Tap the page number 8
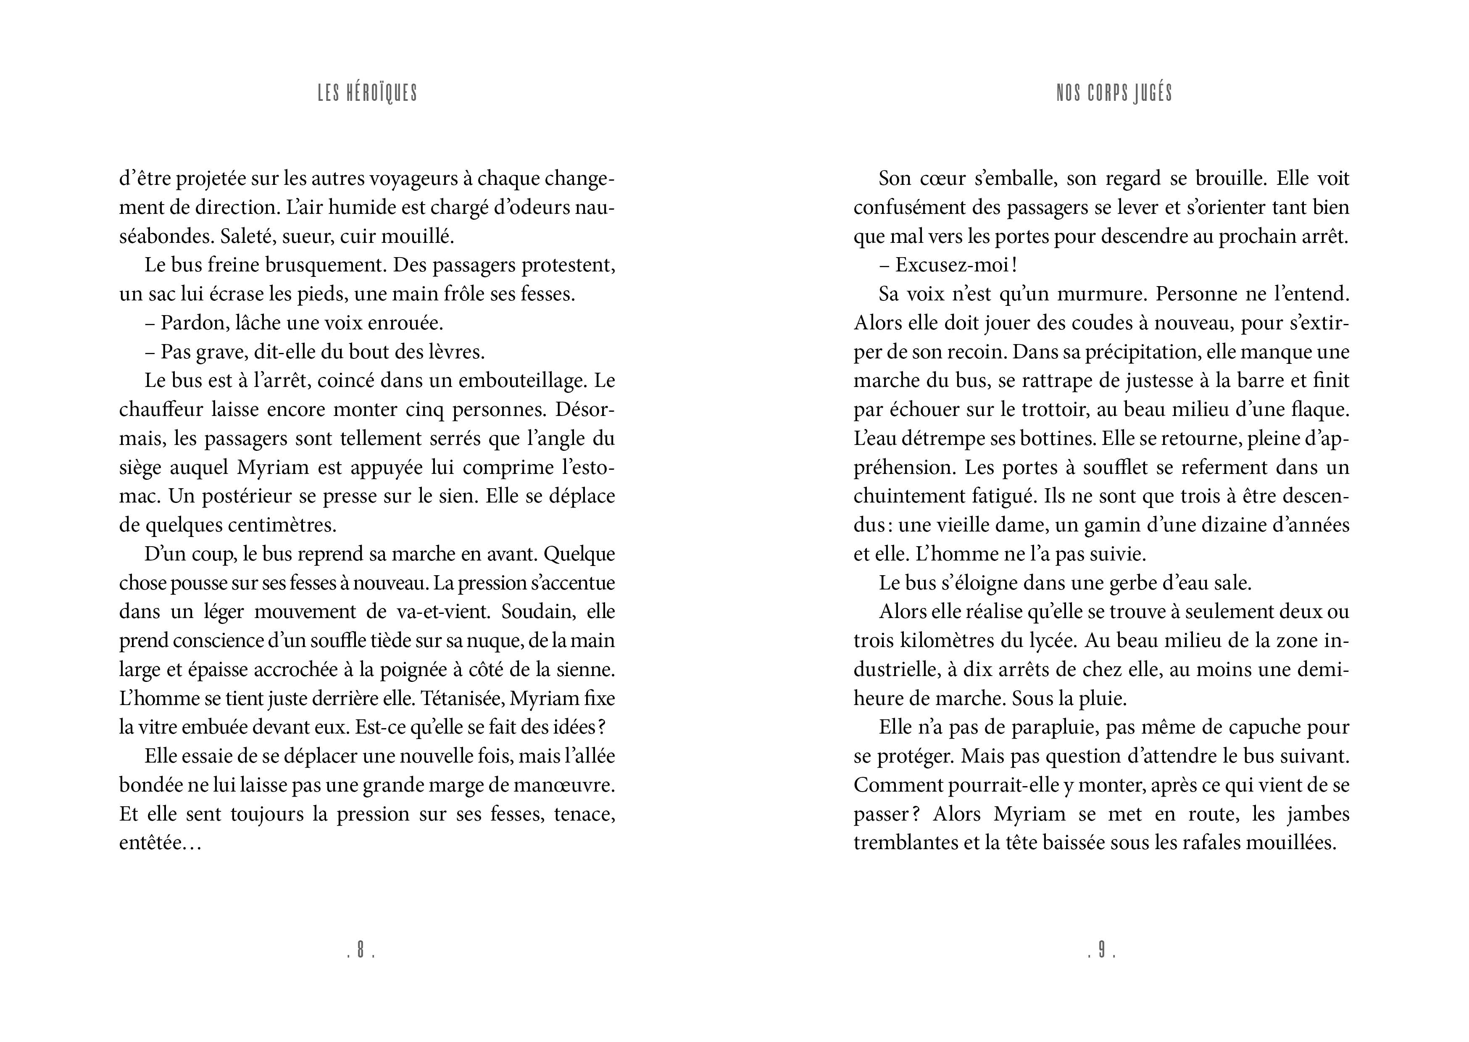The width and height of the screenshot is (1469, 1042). [x=361, y=951]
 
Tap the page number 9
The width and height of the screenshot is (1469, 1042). [x=1101, y=951]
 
